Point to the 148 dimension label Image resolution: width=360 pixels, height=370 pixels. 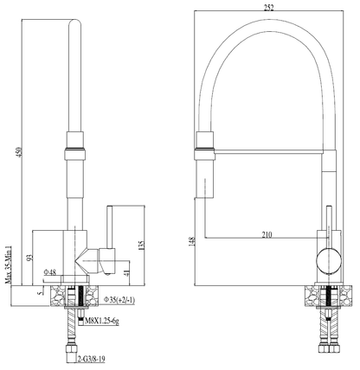coord(191,243)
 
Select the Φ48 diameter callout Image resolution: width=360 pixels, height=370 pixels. coord(53,274)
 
